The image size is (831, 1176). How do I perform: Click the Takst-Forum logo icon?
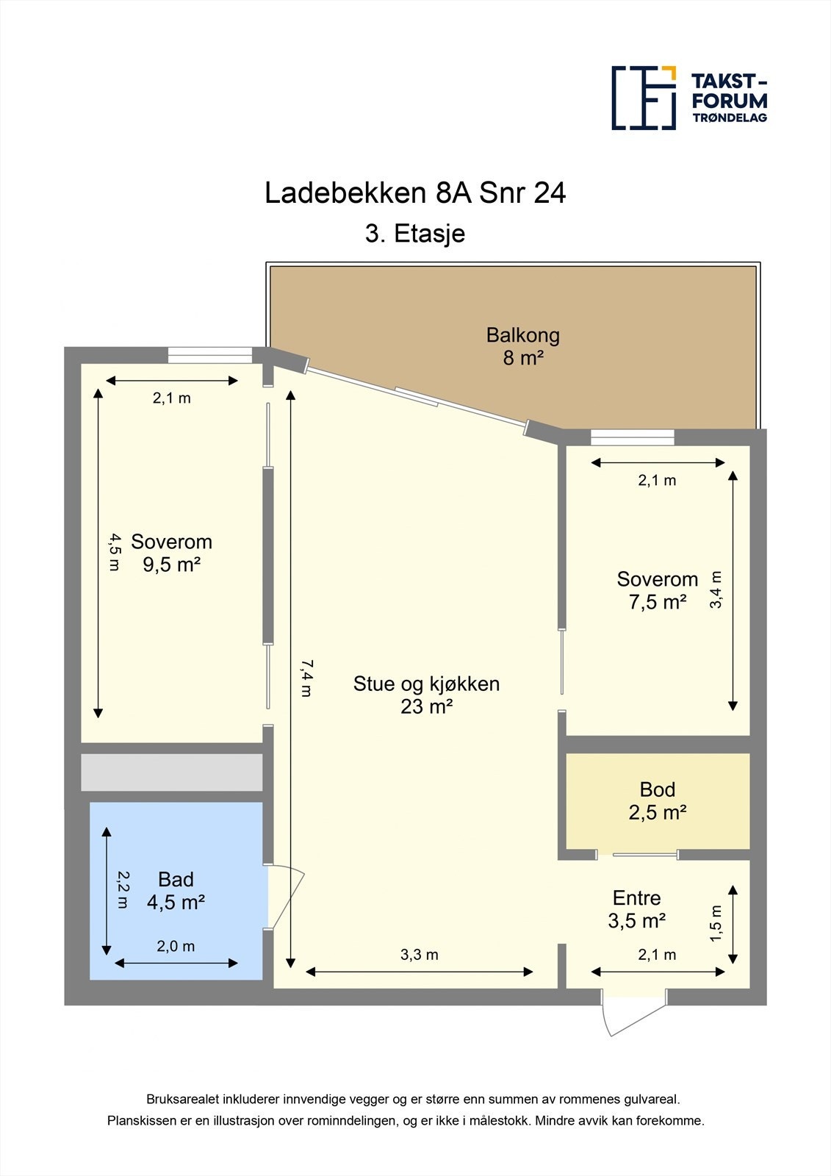click(644, 98)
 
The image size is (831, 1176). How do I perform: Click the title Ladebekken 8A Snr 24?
click(415, 193)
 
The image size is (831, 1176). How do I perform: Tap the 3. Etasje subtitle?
click(415, 234)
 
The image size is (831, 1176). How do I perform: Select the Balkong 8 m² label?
click(522, 346)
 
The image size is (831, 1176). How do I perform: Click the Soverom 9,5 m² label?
click(171, 553)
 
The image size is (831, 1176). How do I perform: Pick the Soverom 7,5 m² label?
click(657, 590)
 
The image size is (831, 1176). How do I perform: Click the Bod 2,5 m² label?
click(657, 800)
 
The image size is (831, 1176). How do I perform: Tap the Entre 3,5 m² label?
click(636, 909)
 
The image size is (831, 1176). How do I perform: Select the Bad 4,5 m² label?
click(176, 891)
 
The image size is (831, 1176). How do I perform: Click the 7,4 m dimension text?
click(306, 678)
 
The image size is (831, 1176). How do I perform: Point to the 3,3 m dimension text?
click(419, 955)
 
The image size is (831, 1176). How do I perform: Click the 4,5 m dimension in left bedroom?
click(113, 553)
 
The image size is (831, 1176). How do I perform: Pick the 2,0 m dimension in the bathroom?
click(176, 947)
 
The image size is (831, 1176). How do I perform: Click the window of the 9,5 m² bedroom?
click(210, 355)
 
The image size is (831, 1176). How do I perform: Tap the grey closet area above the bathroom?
click(171, 772)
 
